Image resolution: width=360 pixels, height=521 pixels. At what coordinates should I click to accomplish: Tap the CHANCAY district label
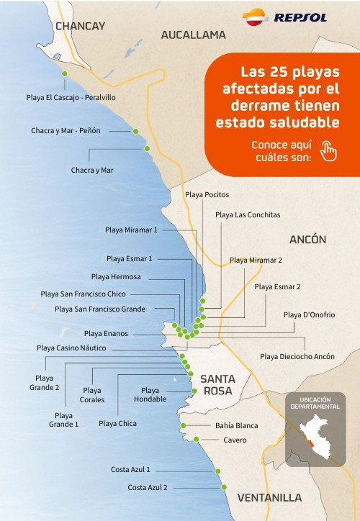[80, 26]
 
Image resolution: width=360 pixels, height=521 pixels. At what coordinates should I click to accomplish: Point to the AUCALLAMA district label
[193, 35]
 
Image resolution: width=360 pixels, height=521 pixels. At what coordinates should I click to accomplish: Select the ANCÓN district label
[307, 240]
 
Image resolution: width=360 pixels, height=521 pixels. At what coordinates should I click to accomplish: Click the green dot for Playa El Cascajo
[65, 74]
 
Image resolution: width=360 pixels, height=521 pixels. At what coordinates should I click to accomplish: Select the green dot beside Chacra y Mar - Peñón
[135, 132]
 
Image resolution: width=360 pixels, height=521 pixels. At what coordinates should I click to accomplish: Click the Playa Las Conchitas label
[248, 214]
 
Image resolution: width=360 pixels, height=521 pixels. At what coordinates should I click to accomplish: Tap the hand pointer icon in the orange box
[328, 150]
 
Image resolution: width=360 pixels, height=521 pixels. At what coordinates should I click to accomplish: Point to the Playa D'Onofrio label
[309, 314]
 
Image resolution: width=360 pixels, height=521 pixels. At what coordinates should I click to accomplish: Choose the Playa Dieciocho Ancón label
[297, 356]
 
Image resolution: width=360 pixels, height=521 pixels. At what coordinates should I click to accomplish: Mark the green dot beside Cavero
[196, 439]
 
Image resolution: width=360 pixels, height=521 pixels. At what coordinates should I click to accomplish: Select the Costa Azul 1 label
[130, 470]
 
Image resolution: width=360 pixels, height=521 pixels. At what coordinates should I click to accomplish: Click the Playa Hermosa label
[116, 276]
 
